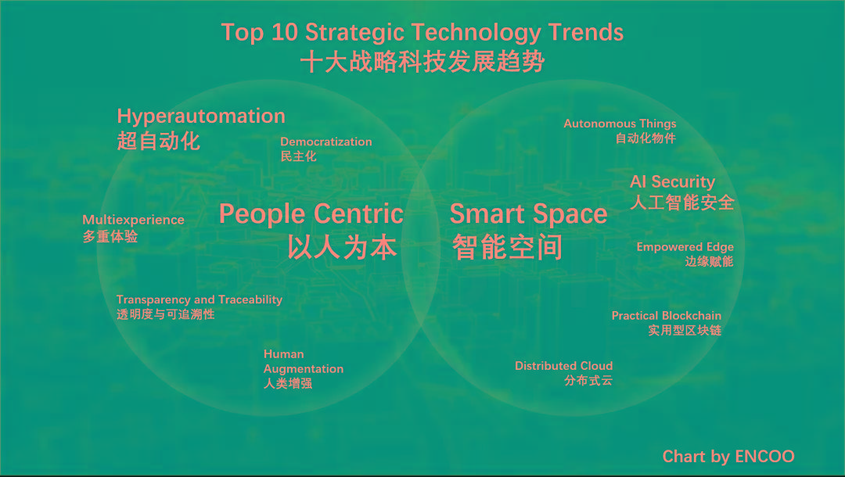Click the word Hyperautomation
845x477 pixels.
(201, 117)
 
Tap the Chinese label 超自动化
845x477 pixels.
(158, 141)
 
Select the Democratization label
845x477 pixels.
(326, 142)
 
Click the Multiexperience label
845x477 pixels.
(133, 220)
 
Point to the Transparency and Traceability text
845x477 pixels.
(200, 299)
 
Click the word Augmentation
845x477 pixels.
(304, 369)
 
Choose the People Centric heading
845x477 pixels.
(311, 213)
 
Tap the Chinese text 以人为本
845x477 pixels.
(342, 248)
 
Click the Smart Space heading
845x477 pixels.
(529, 214)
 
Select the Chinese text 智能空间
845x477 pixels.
(507, 248)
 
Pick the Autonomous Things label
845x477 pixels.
(620, 124)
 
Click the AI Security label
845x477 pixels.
(673, 182)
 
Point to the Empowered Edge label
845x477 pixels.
(685, 246)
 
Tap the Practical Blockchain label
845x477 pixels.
(666, 315)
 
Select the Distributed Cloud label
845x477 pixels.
(563, 365)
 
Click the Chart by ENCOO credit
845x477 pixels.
(728, 457)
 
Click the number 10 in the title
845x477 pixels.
(284, 32)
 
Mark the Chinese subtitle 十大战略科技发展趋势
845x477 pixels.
(422, 62)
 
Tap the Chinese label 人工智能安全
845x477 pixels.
(682, 203)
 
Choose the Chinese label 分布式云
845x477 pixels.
(588, 380)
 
